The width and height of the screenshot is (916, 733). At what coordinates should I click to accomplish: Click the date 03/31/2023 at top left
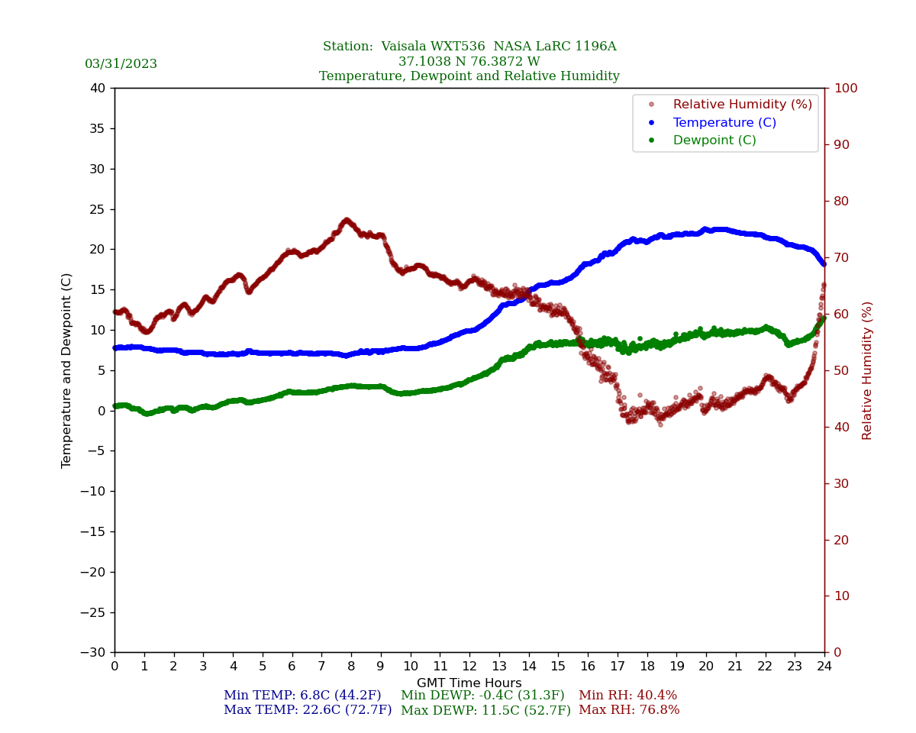pyautogui.click(x=121, y=64)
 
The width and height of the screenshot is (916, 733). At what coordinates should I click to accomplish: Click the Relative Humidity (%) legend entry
pyautogui.click(x=742, y=105)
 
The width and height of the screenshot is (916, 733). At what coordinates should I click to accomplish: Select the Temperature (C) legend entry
pyautogui.click(x=724, y=123)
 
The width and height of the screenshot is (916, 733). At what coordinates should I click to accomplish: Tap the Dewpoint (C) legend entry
pyautogui.click(x=714, y=140)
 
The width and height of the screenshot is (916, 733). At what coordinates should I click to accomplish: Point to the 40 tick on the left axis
pyautogui.click(x=98, y=89)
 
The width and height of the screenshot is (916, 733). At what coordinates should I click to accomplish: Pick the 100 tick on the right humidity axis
pyautogui.click(x=845, y=89)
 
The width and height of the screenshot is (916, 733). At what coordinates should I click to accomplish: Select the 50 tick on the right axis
pyautogui.click(x=840, y=370)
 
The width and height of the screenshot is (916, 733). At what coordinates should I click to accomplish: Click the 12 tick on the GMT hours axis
pyautogui.click(x=469, y=667)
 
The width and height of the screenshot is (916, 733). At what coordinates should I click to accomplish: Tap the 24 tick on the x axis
pyautogui.click(x=824, y=667)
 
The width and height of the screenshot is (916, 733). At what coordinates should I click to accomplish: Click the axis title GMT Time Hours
pyautogui.click(x=469, y=683)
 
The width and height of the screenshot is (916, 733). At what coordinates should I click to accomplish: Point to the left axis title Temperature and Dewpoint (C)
pyautogui.click(x=67, y=370)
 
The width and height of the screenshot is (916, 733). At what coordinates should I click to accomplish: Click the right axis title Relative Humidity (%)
pyautogui.click(x=867, y=370)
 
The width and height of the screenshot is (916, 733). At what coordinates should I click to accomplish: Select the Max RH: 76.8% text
pyautogui.click(x=628, y=711)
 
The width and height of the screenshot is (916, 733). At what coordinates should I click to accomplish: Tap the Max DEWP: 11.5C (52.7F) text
pyautogui.click(x=485, y=711)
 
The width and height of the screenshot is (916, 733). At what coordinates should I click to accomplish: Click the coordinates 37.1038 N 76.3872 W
pyautogui.click(x=469, y=62)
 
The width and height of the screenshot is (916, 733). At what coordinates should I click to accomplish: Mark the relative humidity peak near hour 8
pyautogui.click(x=347, y=221)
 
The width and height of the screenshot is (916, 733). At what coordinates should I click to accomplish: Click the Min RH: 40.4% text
pyautogui.click(x=627, y=696)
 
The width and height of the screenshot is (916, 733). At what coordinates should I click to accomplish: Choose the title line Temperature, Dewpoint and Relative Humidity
pyautogui.click(x=469, y=76)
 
